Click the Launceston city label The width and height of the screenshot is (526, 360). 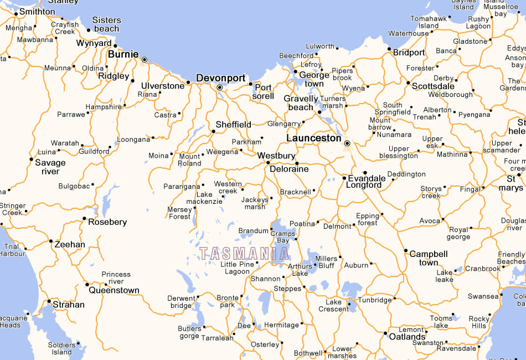314,138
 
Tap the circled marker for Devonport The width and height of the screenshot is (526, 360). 220,88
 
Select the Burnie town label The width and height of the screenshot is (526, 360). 123,54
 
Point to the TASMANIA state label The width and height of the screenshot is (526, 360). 244,254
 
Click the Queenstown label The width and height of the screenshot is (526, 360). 114,290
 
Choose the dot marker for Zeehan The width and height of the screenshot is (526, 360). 51,241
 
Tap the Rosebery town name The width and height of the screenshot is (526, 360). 107,222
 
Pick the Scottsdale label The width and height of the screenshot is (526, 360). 434,86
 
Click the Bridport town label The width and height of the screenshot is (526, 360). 409,53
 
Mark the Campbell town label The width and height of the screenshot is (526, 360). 429,258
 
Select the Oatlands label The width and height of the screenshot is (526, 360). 408,337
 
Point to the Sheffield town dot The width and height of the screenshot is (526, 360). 213,131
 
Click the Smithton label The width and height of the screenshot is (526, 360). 37,11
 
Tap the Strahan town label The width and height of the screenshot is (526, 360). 69,305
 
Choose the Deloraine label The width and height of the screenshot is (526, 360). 289,169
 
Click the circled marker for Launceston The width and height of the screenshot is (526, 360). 347,143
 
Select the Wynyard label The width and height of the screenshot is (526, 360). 94,43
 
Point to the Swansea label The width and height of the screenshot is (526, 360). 483,296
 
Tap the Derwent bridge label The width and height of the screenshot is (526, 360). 182,302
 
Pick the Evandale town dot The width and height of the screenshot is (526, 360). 365,173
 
